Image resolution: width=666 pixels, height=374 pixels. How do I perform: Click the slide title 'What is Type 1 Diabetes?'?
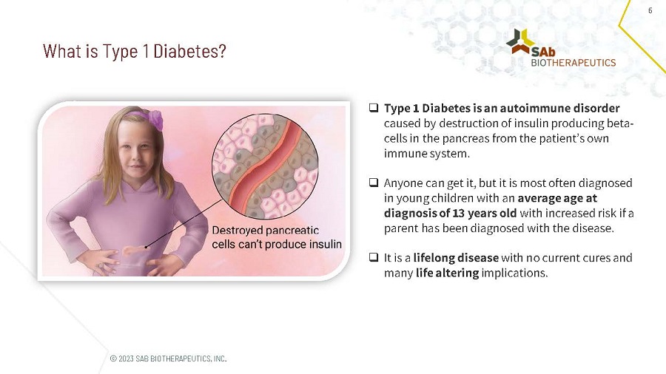(134, 52)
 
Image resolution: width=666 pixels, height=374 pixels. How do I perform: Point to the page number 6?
(650, 10)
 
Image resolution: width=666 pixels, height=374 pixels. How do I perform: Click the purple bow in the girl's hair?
(156, 118)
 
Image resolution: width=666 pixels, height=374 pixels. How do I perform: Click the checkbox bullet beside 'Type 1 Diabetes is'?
(374, 109)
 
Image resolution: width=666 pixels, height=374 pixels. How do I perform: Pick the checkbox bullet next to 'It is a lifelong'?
(374, 258)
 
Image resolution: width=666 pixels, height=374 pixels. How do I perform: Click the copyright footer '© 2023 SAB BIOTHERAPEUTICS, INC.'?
(168, 358)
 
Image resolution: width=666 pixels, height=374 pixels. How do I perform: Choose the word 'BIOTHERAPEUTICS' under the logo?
(573, 63)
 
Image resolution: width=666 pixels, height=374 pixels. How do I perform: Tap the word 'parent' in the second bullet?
(401, 228)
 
